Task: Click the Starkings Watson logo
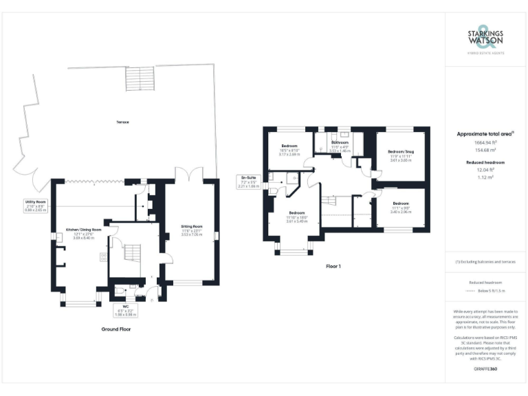click(x=485, y=38)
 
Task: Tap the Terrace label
click(x=123, y=122)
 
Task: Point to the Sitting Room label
click(x=192, y=230)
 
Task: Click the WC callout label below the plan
click(x=125, y=310)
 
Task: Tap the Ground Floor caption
click(x=115, y=329)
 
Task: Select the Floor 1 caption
click(x=334, y=265)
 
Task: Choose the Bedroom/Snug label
click(x=400, y=155)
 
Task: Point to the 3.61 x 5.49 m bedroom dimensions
click(x=297, y=221)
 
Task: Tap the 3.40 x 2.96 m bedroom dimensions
click(x=401, y=212)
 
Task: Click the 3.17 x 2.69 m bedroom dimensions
click(x=289, y=155)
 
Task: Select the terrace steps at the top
click(x=140, y=80)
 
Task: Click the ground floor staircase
click(x=131, y=258)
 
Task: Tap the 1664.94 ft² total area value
click(x=485, y=142)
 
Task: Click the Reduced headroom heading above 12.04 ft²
click(x=485, y=162)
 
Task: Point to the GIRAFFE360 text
click(x=485, y=370)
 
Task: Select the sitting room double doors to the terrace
click(x=186, y=175)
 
